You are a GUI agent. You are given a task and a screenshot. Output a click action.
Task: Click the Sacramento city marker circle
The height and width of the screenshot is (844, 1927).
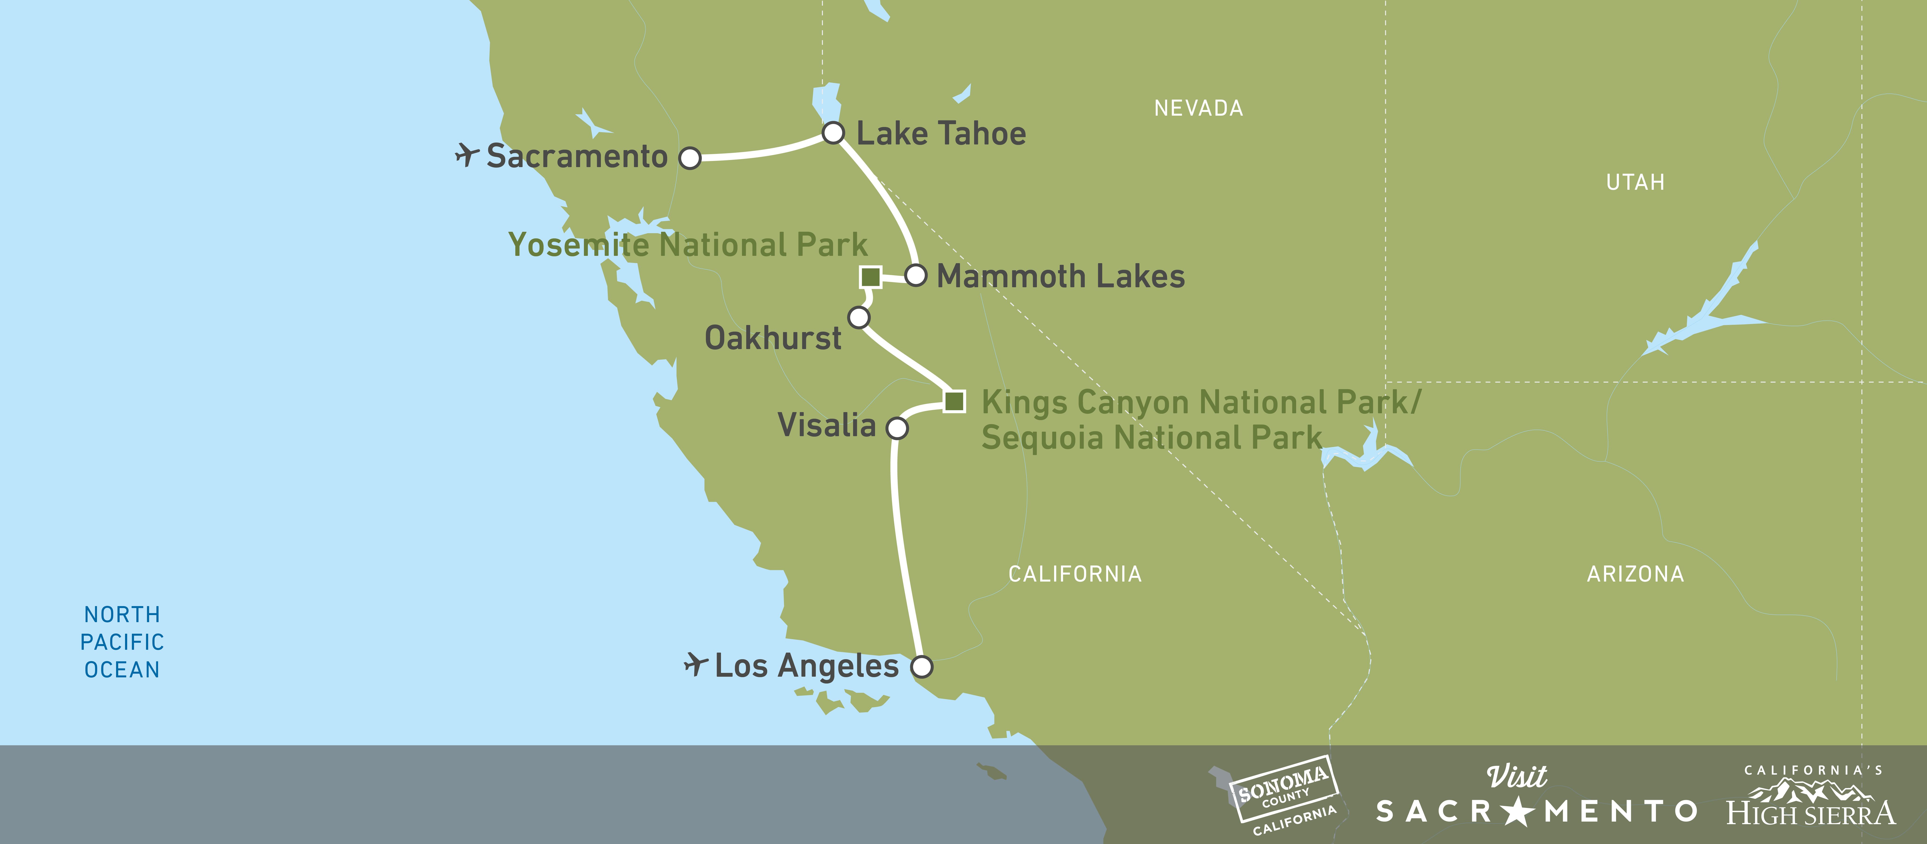pyautogui.click(x=690, y=158)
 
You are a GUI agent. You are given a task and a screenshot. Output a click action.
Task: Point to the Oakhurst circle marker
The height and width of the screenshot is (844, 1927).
pyautogui.click(x=859, y=317)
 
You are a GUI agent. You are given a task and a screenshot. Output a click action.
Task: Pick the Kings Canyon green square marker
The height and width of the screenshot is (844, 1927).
pyautogui.click(x=954, y=401)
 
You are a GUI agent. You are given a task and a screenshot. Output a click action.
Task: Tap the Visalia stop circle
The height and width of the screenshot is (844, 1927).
pyautogui.click(x=897, y=428)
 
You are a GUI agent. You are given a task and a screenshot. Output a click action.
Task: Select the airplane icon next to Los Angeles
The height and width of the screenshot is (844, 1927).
pyautogui.click(x=696, y=664)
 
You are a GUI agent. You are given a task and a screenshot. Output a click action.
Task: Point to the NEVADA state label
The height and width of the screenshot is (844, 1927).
pyautogui.click(x=1198, y=109)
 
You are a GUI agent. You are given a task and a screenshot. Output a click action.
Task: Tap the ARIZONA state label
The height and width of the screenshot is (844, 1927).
pyautogui.click(x=1635, y=574)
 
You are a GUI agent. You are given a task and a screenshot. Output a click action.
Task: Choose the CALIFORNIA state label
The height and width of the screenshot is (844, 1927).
pyautogui.click(x=1075, y=574)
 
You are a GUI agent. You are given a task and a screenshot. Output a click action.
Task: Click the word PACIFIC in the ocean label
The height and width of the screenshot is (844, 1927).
pyautogui.click(x=122, y=642)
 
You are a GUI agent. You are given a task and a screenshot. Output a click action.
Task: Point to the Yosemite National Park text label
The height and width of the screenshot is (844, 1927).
pyautogui.click(x=687, y=245)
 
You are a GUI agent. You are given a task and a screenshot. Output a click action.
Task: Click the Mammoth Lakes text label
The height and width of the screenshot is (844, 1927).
pyautogui.click(x=1061, y=276)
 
